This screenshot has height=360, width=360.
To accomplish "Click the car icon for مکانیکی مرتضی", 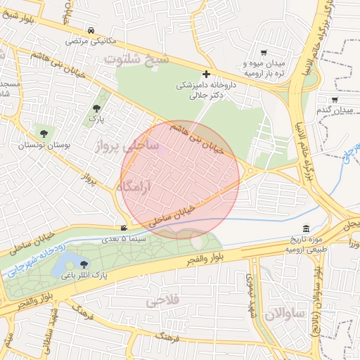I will pyautogui.click(x=92, y=30).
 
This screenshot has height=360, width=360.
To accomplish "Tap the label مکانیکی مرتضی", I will pyautogui.click(x=92, y=41).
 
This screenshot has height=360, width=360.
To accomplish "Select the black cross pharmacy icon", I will pyautogui.click(x=206, y=74).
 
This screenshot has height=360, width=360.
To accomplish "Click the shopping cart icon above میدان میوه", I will pyautogui.click(x=264, y=53).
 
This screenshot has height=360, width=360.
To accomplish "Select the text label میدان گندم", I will pyautogui.click(x=333, y=110).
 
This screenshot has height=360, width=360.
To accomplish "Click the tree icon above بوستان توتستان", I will pyautogui.click(x=44, y=132).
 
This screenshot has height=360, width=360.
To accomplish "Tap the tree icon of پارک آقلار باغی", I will pyautogui.click(x=84, y=264).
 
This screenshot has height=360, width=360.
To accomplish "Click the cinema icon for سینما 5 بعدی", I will pyautogui.click(x=124, y=228).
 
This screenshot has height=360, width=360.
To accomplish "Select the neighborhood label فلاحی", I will pyautogui.click(x=160, y=302).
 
